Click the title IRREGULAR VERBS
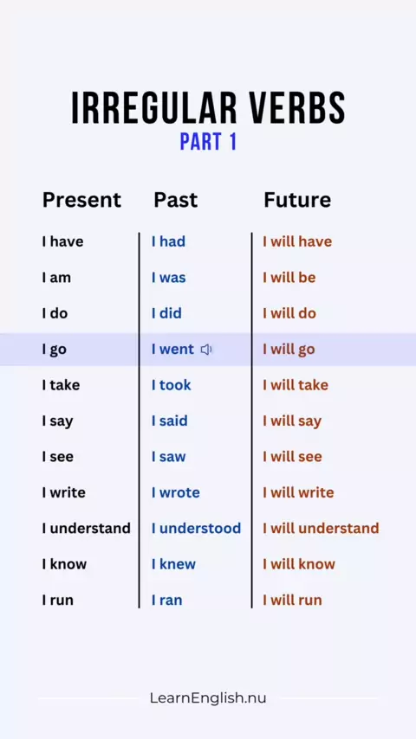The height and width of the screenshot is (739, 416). click(x=208, y=108)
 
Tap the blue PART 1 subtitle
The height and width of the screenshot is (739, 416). click(x=208, y=142)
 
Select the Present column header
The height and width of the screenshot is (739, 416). click(x=81, y=200)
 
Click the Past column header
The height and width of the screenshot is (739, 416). click(x=176, y=200)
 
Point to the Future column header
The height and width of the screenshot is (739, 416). click(x=297, y=200)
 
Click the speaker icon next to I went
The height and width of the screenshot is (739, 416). click(x=206, y=350)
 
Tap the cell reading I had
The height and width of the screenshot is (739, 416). click(x=169, y=241)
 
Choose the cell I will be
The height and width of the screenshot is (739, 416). click(x=289, y=277)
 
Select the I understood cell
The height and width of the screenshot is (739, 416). click(x=197, y=528)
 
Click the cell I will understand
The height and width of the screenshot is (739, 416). click(x=321, y=528)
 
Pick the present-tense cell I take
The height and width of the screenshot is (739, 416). click(x=61, y=384)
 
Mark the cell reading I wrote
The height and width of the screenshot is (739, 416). click(x=176, y=492)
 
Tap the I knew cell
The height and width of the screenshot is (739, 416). click(x=173, y=563)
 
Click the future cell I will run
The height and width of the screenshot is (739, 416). click(x=292, y=600)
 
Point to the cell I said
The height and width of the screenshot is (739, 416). click(x=170, y=421)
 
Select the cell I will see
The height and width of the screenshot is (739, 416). click(x=292, y=456)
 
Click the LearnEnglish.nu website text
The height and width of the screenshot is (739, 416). click(x=208, y=698)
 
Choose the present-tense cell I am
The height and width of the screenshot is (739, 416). click(x=56, y=277)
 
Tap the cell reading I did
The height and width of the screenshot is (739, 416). click(x=166, y=313)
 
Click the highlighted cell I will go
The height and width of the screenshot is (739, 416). click(x=289, y=350)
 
